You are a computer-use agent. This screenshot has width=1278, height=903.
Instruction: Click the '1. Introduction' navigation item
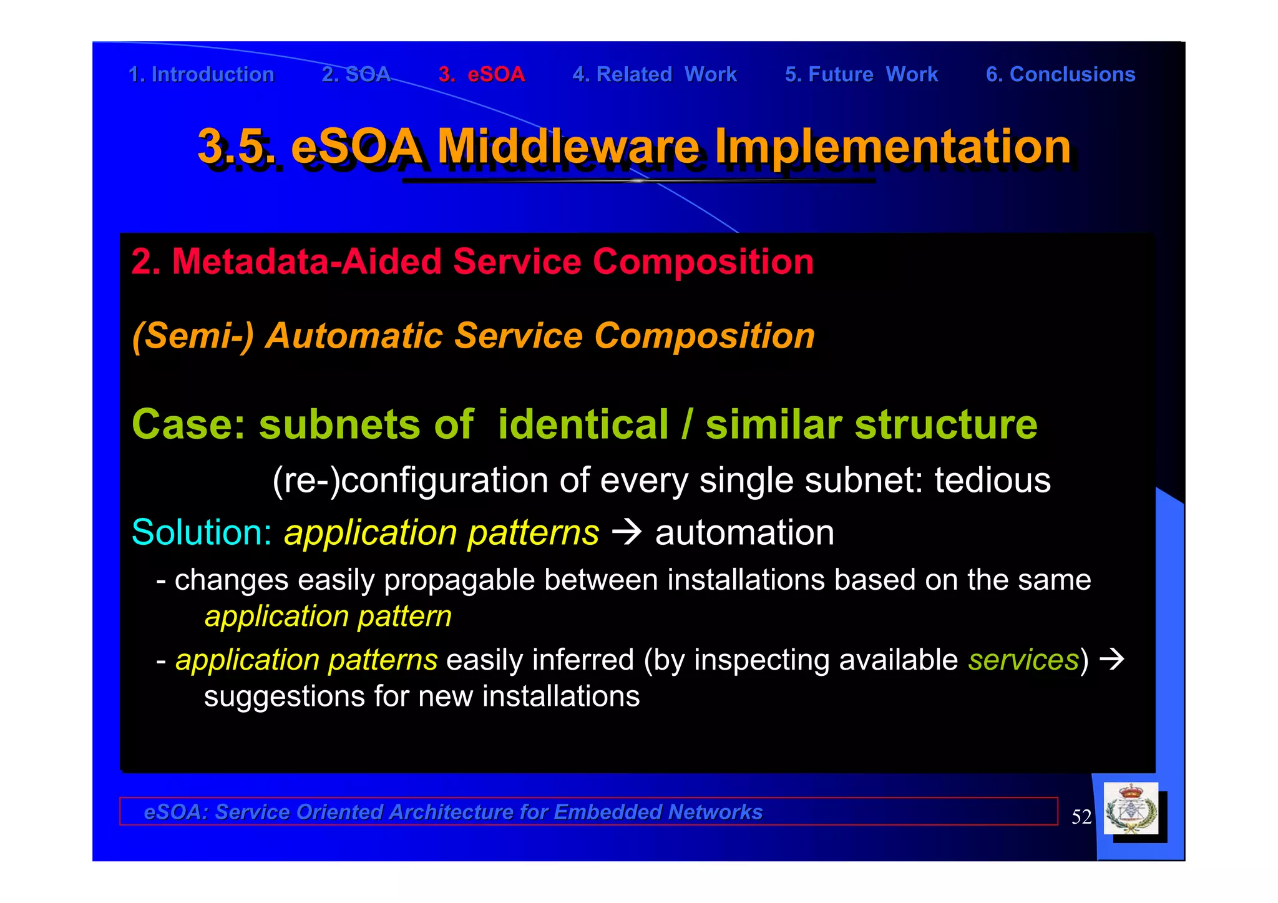201,75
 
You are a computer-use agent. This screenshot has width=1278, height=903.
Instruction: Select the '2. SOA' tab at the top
356,75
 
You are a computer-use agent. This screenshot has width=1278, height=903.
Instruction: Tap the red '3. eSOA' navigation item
481,75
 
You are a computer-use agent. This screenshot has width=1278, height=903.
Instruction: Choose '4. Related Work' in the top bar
655,75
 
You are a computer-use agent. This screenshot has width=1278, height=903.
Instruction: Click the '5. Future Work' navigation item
861,75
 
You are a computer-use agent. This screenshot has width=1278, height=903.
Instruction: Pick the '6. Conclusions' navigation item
1060,75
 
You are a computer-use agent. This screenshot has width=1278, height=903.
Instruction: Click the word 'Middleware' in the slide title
568,147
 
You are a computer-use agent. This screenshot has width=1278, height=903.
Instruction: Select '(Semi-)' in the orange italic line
193,336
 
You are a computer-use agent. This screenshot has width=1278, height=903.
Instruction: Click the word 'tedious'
992,481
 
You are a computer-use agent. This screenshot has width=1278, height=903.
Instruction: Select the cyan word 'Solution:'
202,533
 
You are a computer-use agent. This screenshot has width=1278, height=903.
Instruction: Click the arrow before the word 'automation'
627,532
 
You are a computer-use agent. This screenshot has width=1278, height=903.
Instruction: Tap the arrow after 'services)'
1112,659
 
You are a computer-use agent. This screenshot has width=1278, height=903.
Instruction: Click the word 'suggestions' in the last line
285,696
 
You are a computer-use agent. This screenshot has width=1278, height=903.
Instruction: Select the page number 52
1081,817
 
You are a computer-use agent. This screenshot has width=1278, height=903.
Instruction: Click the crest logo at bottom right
1131,809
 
